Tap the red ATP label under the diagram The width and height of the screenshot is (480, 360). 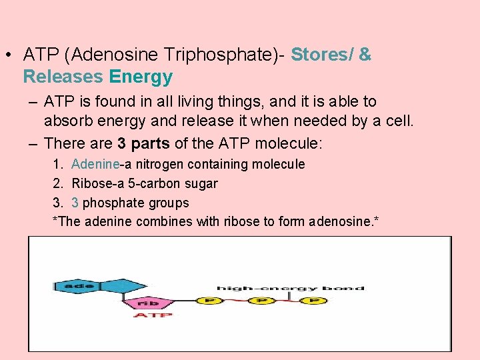coord(153,315)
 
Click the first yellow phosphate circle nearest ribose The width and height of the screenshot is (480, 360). coord(209,301)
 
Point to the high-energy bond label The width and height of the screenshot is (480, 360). coord(290,288)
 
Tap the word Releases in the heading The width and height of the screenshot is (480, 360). coord(61,77)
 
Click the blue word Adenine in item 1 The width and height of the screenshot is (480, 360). coord(95,164)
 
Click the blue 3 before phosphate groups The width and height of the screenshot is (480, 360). coord(75,203)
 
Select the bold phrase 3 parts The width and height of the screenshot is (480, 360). coord(143,143)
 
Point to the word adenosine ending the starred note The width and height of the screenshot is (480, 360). coord(343,222)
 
